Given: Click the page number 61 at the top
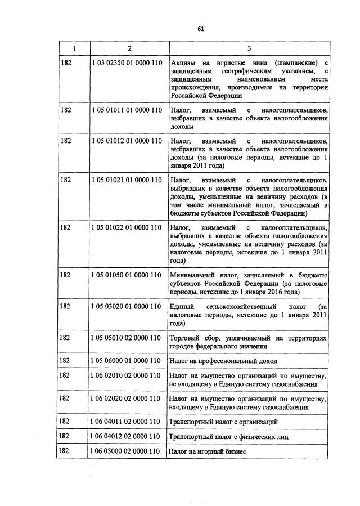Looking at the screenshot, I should click(200, 30).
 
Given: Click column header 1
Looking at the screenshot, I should click(72, 48).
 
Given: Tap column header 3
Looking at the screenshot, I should click(249, 48).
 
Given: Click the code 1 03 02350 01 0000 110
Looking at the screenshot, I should click(127, 62).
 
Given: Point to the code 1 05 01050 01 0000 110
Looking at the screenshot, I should click(127, 275).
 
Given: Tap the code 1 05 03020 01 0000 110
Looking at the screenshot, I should click(127, 306).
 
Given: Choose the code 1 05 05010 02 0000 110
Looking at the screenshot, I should click(127, 338).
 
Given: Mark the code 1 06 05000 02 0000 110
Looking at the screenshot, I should click(127, 451).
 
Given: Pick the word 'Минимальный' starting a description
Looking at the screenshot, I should click(191, 275).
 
